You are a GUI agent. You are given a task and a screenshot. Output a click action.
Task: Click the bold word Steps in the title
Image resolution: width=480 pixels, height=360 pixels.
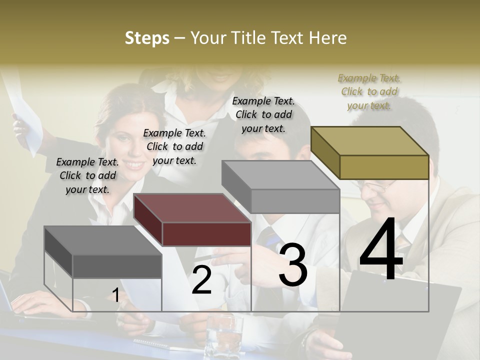[x=147, y=38]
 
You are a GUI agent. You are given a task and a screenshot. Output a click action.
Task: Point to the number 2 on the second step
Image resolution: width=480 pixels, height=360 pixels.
[x=201, y=280]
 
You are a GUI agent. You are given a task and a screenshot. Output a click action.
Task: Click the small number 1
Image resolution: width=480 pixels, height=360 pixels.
[x=115, y=295]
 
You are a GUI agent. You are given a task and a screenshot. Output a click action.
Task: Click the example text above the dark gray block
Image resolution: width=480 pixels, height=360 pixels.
[x=87, y=175]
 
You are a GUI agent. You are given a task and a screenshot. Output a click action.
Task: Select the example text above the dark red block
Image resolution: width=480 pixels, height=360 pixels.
[x=174, y=146]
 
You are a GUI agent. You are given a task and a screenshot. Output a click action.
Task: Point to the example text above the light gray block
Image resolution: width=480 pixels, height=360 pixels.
[x=263, y=114]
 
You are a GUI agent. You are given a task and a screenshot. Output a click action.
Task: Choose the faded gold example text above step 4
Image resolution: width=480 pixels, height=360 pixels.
[x=369, y=91]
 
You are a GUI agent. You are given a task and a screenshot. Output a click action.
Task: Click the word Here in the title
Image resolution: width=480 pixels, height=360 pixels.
[x=328, y=38]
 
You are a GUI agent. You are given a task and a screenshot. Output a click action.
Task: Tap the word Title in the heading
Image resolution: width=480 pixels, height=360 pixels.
[x=248, y=38]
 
